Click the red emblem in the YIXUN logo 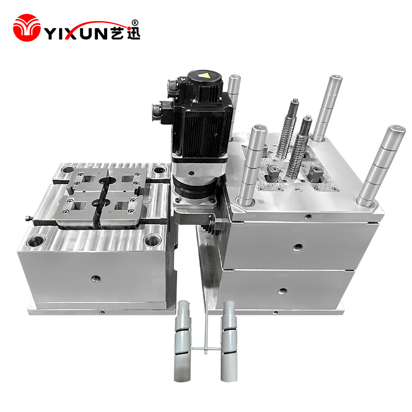pos(27,28)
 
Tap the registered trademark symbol pos(134,23)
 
